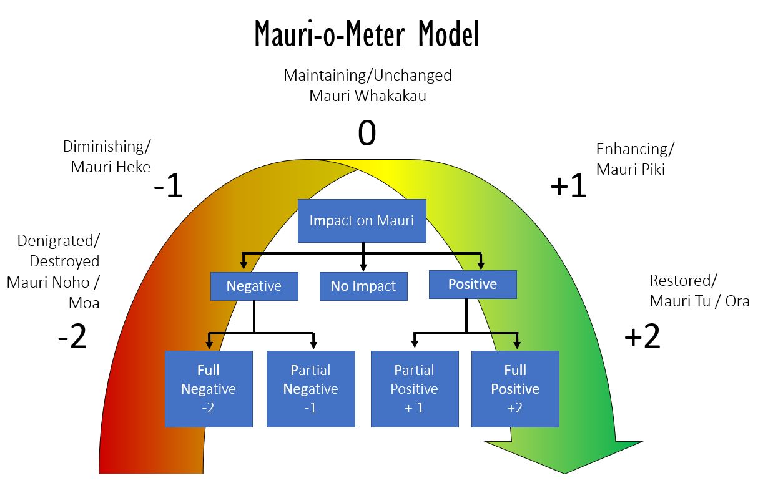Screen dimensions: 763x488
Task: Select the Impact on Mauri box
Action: tap(362, 221)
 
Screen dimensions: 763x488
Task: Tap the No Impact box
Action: tap(363, 286)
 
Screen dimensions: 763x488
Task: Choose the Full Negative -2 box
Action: tap(209, 389)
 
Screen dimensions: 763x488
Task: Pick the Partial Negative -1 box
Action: tap(311, 389)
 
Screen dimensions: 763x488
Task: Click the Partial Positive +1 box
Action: tap(415, 389)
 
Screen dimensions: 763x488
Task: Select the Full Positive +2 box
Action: tap(515, 389)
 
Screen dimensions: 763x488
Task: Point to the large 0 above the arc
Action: tap(367, 133)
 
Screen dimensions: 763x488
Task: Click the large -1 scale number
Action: tap(168, 185)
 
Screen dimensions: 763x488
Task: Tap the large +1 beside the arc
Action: tap(568, 185)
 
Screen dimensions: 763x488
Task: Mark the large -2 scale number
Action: tap(72, 336)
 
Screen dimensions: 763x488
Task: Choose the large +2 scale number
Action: tap(642, 336)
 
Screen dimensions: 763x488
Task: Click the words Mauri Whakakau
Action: tap(368, 95)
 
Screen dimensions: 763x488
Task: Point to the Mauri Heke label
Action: tap(111, 167)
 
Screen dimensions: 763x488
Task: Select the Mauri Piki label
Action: tap(631, 169)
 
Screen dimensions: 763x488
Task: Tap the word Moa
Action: tap(84, 303)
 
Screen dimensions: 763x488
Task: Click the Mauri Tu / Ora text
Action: tap(700, 301)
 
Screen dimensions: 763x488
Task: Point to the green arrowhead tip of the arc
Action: tap(564, 474)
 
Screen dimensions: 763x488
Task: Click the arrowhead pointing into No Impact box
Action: tap(363, 267)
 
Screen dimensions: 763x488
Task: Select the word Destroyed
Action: tap(64, 261)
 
